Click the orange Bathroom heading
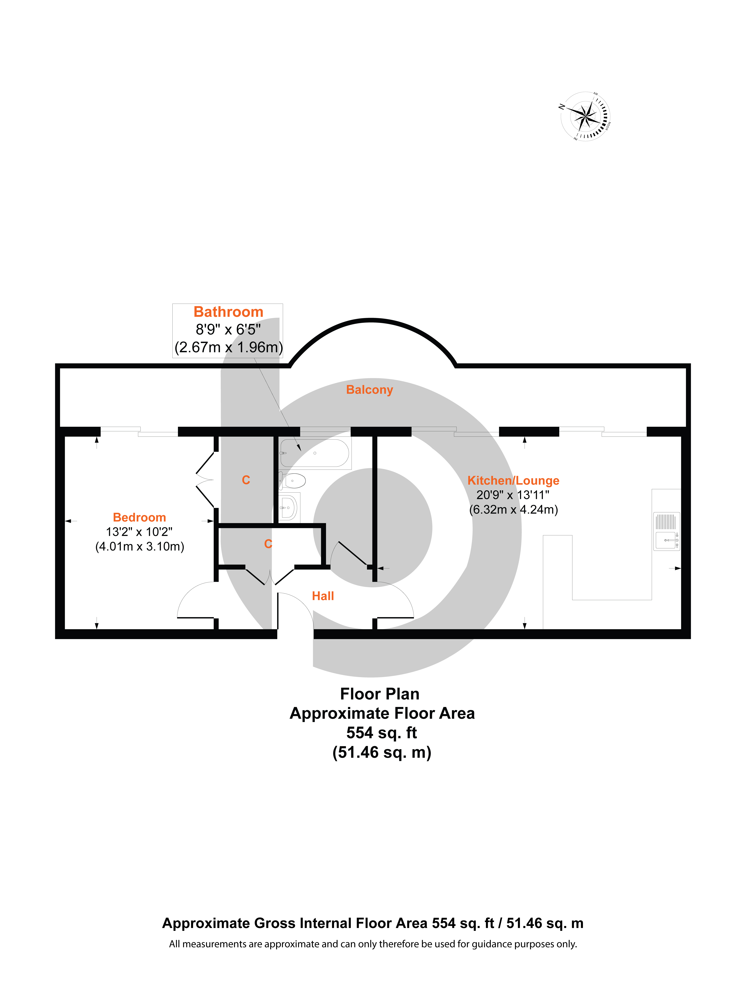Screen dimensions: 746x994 (x=228, y=312)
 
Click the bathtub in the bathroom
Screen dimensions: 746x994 (x=315, y=453)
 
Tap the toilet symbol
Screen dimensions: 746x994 (x=292, y=481)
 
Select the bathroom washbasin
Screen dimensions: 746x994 (x=289, y=508)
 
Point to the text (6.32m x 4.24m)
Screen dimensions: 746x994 (x=513, y=510)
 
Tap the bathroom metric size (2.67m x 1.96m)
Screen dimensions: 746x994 (x=228, y=347)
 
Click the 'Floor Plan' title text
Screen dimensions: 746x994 (x=380, y=694)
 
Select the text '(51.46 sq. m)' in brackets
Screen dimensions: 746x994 (x=382, y=752)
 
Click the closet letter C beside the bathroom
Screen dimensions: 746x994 (x=246, y=480)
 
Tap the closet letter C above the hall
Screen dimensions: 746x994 (x=268, y=544)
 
